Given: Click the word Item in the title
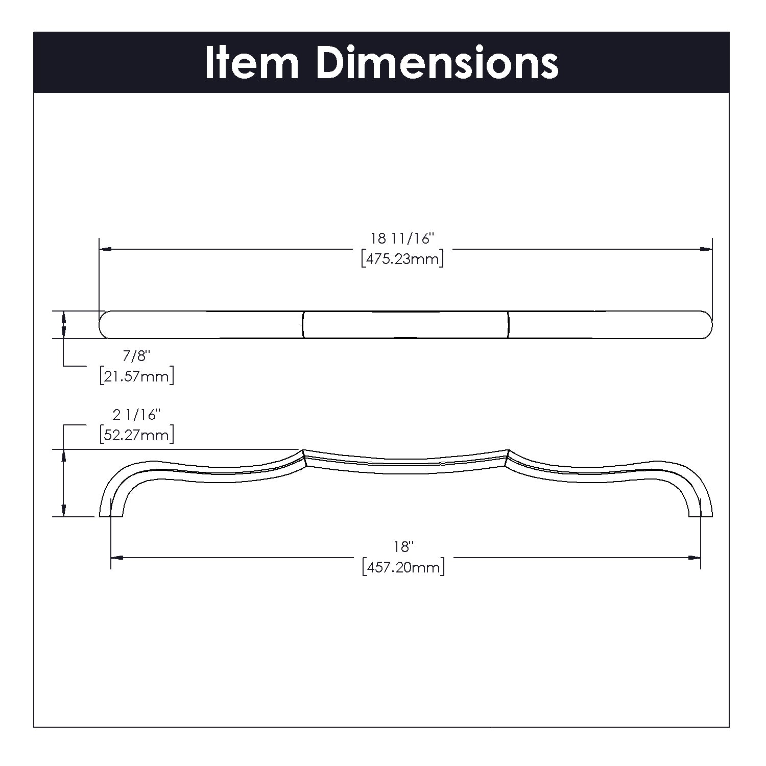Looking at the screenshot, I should tap(251, 63).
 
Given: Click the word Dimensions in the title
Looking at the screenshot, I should tap(437, 63).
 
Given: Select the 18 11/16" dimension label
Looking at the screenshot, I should tap(402, 238).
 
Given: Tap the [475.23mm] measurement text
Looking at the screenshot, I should tap(402, 259).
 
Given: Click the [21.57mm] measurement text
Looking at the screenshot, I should tap(136, 377).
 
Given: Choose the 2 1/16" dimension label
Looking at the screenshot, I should tap(136, 415).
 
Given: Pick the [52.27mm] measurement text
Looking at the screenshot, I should tap(136, 435).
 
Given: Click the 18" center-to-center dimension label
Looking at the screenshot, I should tap(402, 547).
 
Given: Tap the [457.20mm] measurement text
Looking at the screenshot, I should tap(403, 567).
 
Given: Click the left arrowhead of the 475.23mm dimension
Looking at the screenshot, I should tap(105, 249).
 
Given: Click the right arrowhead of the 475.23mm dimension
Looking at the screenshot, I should tap(706, 249).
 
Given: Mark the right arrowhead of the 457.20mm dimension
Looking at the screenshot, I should tap(695, 558).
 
